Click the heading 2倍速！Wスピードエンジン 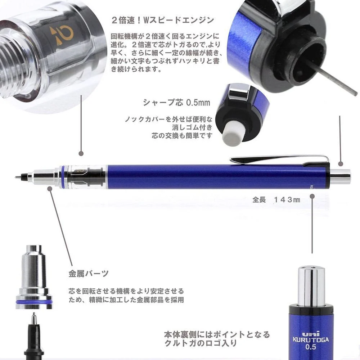163,21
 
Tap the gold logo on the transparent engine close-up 61,35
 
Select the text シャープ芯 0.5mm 176,103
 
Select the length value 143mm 287,200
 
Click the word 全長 259,200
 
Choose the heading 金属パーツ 89,274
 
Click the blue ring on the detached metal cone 34,302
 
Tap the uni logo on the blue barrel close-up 311,334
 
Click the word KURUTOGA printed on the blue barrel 311,340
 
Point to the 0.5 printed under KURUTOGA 311,347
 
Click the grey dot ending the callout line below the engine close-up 81,154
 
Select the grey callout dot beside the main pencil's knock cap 341,164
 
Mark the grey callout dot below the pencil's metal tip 50,189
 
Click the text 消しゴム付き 192,127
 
